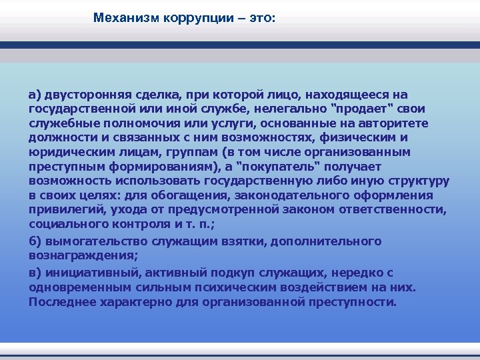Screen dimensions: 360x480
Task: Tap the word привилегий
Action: [63, 211]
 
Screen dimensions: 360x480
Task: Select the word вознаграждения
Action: [73, 255]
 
